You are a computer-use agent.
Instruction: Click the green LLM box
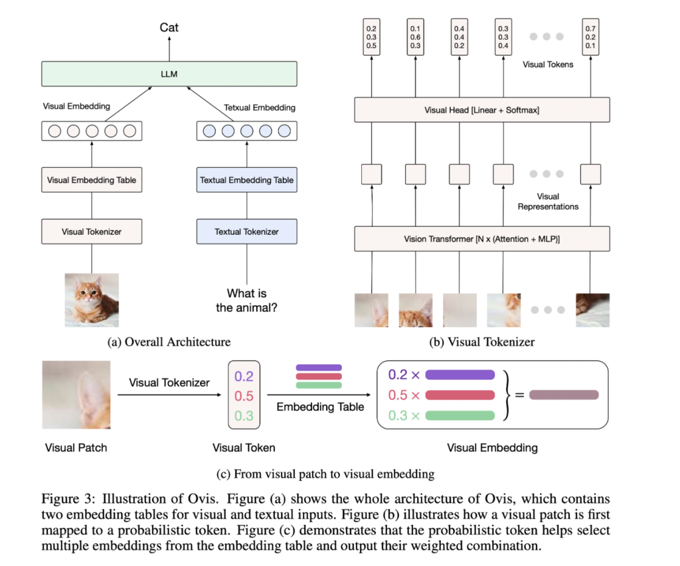pyautogui.click(x=169, y=74)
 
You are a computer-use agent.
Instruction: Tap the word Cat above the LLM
pyautogui.click(x=169, y=28)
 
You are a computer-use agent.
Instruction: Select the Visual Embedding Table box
pyautogui.click(x=92, y=180)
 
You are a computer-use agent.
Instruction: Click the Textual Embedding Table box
pyautogui.click(x=246, y=180)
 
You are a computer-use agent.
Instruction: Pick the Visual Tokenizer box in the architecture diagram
pyautogui.click(x=92, y=232)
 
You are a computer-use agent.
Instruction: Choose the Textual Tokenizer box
pyautogui.click(x=246, y=232)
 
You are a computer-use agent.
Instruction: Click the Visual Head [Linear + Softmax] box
pyautogui.click(x=481, y=110)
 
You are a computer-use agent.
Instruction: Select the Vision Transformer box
pyautogui.click(x=481, y=239)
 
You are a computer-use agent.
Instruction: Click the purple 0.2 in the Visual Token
pyautogui.click(x=244, y=377)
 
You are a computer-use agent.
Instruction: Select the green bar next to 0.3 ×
pyautogui.click(x=460, y=416)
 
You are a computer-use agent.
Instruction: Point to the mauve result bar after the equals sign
pyautogui.click(x=564, y=395)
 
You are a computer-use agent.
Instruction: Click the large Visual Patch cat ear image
pyautogui.click(x=76, y=395)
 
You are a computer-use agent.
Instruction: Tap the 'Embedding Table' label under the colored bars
pyautogui.click(x=320, y=407)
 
